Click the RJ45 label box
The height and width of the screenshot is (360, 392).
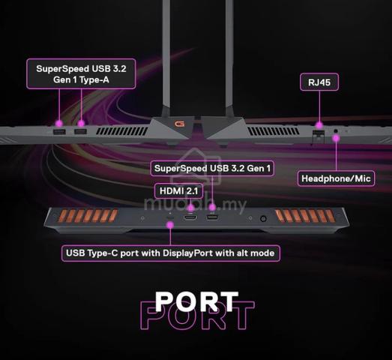(x=319, y=82)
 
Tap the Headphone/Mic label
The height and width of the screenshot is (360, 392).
(x=336, y=178)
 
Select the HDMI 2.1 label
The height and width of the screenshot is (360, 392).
(x=178, y=191)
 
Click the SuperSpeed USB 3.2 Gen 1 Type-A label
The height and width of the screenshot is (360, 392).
(x=81, y=74)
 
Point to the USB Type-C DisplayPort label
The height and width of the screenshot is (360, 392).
(x=170, y=253)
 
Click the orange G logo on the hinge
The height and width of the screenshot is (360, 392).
(x=179, y=124)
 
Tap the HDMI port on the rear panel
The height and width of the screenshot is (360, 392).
(x=190, y=217)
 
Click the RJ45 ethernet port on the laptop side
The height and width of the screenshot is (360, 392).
(x=319, y=135)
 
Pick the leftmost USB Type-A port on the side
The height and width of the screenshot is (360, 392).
(x=59, y=131)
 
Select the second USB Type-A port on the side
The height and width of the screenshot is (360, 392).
(x=80, y=131)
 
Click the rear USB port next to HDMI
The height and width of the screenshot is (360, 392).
(x=212, y=217)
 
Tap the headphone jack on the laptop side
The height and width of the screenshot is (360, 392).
(x=336, y=130)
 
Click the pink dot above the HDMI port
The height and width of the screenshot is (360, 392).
(x=191, y=208)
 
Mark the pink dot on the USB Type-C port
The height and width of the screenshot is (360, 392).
(x=170, y=225)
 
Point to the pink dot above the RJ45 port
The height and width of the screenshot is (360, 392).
(x=319, y=124)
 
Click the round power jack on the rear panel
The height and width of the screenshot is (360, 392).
(x=263, y=219)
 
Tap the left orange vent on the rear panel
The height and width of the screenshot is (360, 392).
(x=88, y=216)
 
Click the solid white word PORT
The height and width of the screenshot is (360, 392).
(x=197, y=301)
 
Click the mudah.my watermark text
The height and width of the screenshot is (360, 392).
(x=195, y=204)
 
